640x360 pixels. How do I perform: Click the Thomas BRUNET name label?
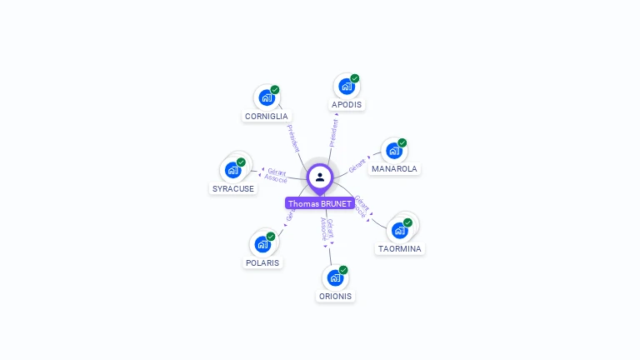(x=320, y=203)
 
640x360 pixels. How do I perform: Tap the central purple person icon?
(x=320, y=177)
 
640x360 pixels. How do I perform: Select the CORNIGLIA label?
(x=267, y=117)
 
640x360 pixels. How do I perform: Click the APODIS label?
(x=347, y=105)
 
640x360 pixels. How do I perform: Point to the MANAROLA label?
(x=395, y=168)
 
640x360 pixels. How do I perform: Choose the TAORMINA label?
(x=400, y=248)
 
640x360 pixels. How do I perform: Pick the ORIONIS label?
(x=335, y=296)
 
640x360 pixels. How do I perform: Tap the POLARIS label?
(x=263, y=262)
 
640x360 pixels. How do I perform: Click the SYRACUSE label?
(x=233, y=188)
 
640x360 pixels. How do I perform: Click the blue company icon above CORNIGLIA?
(x=267, y=97)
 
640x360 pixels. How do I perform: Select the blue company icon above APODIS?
(x=346, y=86)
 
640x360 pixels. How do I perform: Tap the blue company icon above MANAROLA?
(x=393, y=150)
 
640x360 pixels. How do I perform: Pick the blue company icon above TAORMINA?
(x=399, y=229)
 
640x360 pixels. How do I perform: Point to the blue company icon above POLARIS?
(x=262, y=244)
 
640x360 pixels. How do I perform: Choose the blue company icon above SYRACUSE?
(x=232, y=169)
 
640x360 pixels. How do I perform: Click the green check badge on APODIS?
(x=355, y=78)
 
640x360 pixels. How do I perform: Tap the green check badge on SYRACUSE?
(x=242, y=162)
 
